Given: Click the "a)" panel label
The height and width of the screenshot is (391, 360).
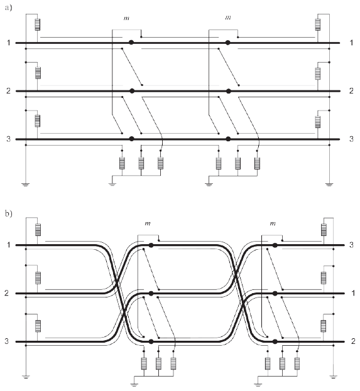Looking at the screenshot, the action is click(x=8, y=8).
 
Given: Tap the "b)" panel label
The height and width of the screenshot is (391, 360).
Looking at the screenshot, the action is click(x=8, y=214).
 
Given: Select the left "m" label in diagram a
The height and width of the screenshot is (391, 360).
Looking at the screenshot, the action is click(x=126, y=18).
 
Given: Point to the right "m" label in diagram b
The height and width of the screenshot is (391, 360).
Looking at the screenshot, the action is click(x=273, y=223).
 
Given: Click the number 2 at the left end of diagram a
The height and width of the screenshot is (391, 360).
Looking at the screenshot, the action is click(x=9, y=90).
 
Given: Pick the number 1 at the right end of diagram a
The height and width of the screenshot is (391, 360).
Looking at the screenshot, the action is click(x=351, y=43).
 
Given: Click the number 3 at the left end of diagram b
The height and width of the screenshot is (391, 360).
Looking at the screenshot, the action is click(x=7, y=341).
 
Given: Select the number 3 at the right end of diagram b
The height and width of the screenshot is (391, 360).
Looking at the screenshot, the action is click(x=351, y=245).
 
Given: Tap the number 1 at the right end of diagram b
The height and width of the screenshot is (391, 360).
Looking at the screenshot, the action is click(x=353, y=293).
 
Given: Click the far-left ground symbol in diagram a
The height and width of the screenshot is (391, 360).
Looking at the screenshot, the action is click(x=26, y=185).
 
